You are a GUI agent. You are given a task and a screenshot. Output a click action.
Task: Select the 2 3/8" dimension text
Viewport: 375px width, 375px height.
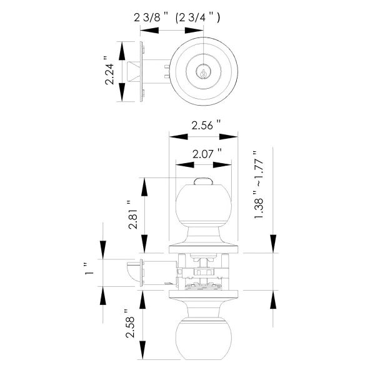coord(150,18)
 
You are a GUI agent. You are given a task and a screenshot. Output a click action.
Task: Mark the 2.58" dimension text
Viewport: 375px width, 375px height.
coord(131,325)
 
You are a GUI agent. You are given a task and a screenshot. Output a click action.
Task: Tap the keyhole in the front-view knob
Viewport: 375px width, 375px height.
coord(204,72)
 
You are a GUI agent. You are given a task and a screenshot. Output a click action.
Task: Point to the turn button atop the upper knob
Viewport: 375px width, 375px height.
coord(204,182)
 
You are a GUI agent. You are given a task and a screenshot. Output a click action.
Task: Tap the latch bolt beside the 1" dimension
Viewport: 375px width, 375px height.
coord(132,271)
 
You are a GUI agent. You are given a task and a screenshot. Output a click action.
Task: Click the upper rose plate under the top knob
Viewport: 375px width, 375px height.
coord(204,249)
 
